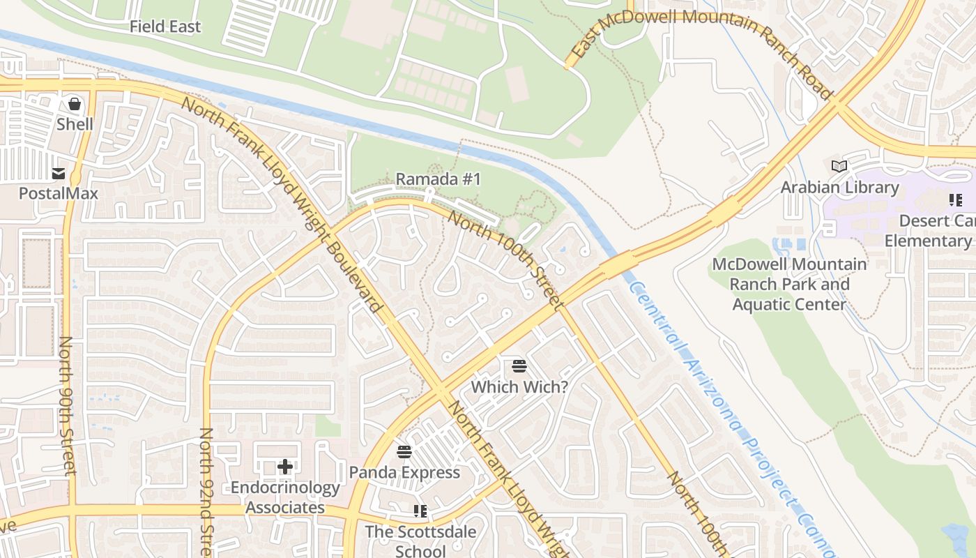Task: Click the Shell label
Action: click(75, 124)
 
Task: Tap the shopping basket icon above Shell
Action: click(75, 105)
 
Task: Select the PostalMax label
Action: click(59, 193)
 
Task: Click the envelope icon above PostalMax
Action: click(59, 173)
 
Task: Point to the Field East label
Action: click(165, 27)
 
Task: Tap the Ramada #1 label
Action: click(439, 179)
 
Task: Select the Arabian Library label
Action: click(839, 187)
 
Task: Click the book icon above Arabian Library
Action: click(839, 167)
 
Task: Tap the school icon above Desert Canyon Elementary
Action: click(955, 201)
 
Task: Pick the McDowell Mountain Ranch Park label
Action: click(789, 285)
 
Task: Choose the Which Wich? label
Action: click(519, 386)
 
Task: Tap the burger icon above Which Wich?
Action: click(519, 366)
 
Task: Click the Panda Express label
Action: click(404, 472)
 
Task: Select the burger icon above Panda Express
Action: click(404, 452)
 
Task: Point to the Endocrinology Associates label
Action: click(285, 497)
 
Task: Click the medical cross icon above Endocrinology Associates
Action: click(285, 467)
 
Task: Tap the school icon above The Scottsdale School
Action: click(420, 511)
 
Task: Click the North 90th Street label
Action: click(67, 405)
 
